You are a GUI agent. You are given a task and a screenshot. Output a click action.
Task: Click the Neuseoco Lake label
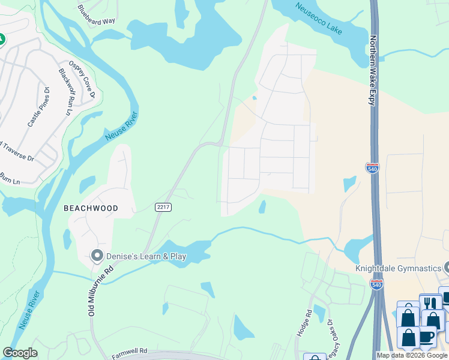coord(318,18)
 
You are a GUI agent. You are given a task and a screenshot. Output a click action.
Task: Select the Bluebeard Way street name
coord(96,14)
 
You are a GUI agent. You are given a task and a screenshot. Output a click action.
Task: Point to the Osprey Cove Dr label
coord(82,79)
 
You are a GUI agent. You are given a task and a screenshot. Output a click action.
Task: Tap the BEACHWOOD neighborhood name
coord(91,208)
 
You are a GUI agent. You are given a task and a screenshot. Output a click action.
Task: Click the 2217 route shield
coord(163,207)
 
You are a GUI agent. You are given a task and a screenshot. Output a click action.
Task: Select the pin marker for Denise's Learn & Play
coord(97,256)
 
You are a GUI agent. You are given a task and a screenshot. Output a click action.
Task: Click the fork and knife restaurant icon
coord(430,303)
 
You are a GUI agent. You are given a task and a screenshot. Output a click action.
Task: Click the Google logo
coord(20,353)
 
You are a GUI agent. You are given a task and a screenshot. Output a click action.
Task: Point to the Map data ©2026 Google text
coord(412,355)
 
